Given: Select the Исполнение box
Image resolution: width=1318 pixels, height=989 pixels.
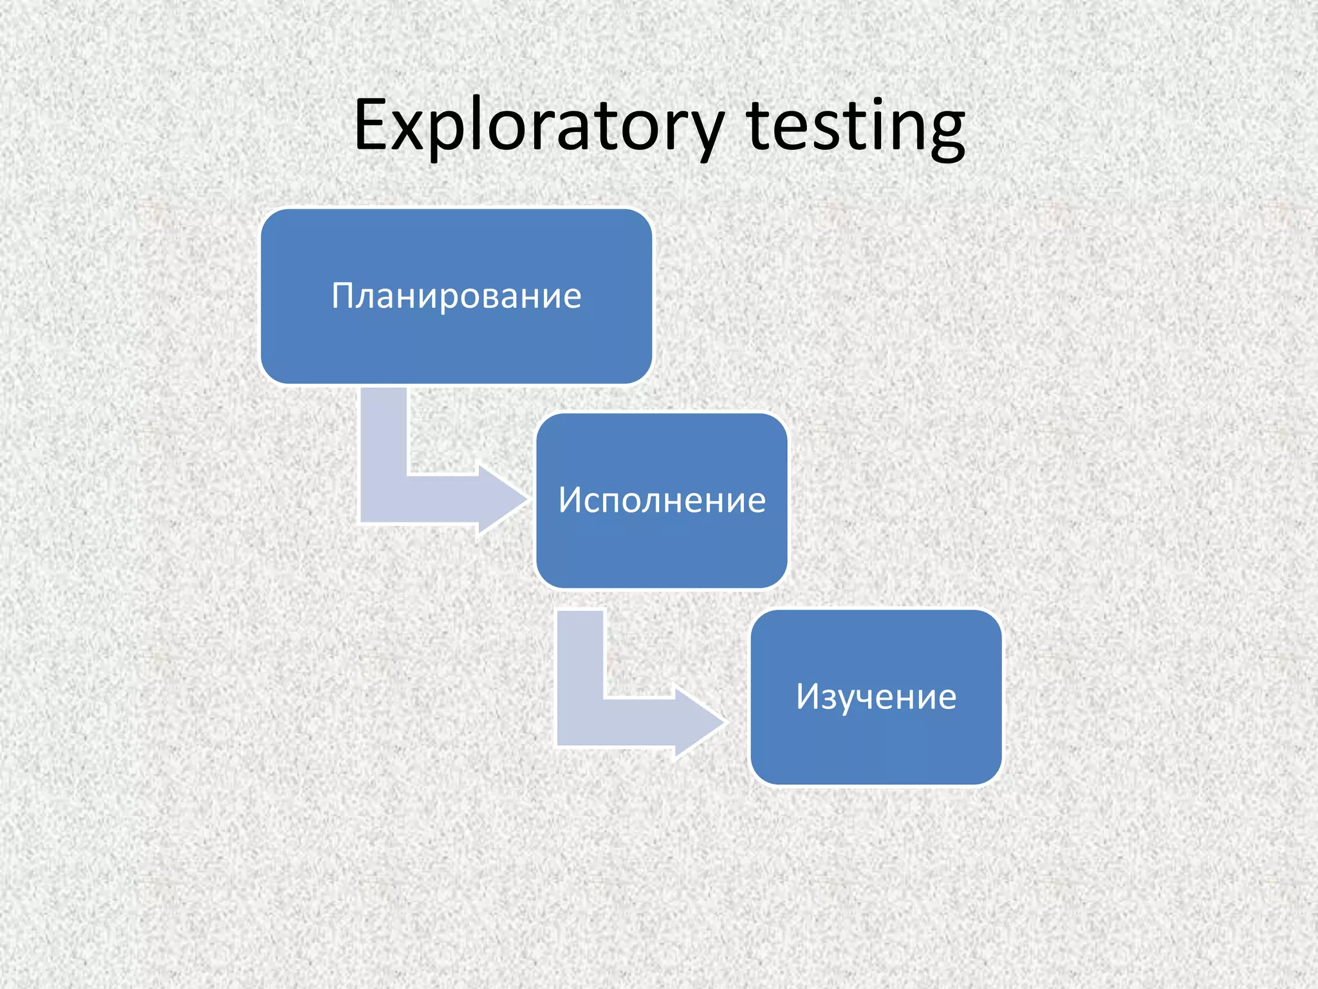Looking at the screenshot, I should tap(662, 547).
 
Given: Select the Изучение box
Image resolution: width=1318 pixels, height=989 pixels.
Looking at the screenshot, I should tap(876, 747).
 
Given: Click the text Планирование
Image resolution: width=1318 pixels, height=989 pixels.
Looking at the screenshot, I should tap(456, 296).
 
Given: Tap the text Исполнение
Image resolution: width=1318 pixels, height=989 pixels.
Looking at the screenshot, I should tap(662, 500).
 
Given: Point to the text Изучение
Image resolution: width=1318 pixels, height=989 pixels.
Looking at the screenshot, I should tap(876, 697).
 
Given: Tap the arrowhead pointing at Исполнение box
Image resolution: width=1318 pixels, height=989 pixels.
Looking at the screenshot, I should tap(502, 499).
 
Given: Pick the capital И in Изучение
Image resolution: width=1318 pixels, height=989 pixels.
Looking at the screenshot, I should tap(809, 697).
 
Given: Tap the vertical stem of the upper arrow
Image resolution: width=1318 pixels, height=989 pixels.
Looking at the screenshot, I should tap(384, 438).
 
